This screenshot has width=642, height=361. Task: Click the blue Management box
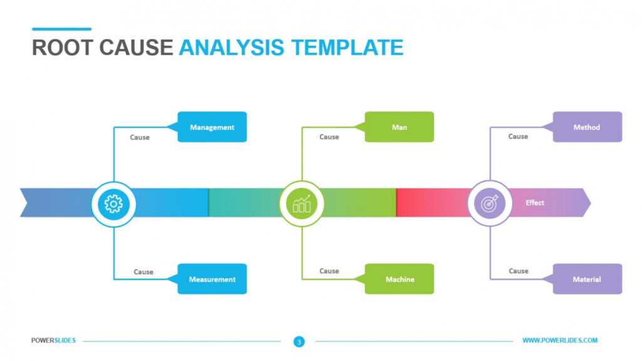click(212, 127)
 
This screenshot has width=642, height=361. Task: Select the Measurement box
click(212, 279)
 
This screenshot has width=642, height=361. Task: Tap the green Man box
click(399, 127)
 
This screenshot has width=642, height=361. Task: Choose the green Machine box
click(399, 279)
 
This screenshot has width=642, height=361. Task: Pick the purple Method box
click(587, 127)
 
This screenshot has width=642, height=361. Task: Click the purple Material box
click(587, 279)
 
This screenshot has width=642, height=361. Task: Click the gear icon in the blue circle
click(113, 203)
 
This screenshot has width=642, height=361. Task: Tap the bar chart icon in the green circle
click(302, 203)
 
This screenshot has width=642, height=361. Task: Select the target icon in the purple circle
click(490, 203)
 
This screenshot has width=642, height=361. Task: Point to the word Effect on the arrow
click(535, 203)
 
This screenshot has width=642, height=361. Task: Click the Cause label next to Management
click(140, 137)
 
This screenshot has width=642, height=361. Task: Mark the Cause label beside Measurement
click(144, 272)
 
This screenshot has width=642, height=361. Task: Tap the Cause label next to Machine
click(329, 271)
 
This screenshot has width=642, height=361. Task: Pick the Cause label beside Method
click(518, 136)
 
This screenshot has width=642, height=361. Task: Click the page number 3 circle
click(299, 342)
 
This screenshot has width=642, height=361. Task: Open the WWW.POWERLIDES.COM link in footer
click(560, 340)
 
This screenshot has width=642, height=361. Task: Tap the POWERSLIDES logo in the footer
click(53, 340)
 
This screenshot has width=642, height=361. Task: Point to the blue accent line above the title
click(61, 29)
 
